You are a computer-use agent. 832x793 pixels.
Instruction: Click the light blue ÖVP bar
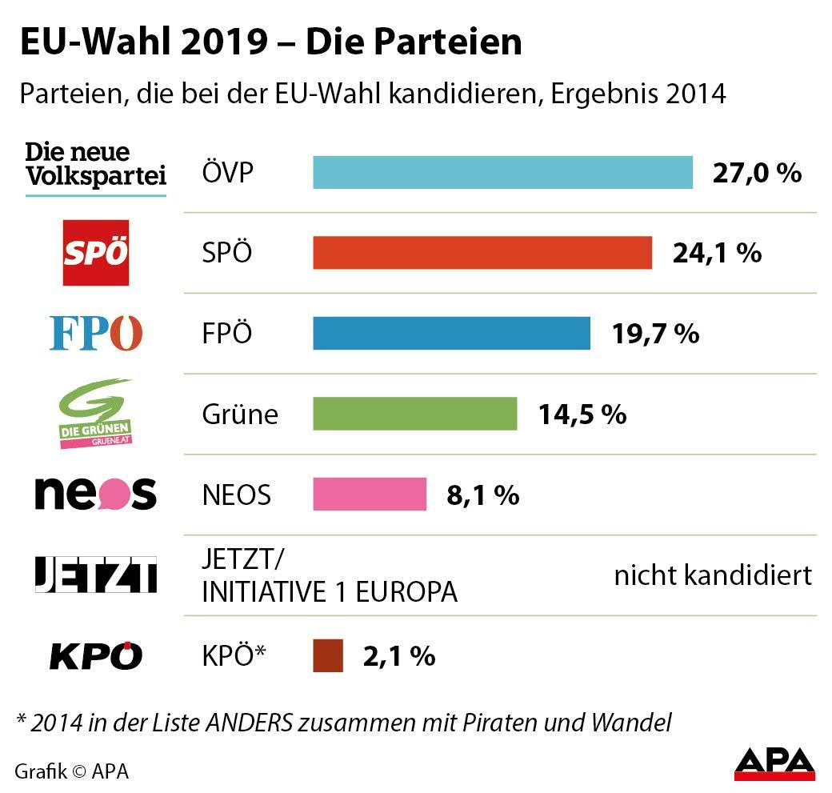pos(502,173)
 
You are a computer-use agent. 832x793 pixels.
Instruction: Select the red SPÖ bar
pos(482,253)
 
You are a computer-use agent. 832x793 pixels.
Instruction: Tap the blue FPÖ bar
pos(451,333)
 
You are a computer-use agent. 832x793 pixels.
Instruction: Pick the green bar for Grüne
pos(414,414)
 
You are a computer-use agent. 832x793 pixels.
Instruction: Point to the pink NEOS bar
pos(369,495)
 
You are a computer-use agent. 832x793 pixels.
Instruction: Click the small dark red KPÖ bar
pos(328,656)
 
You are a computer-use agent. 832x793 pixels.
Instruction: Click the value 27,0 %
pos(757,173)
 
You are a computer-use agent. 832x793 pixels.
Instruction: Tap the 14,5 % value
pos(582,414)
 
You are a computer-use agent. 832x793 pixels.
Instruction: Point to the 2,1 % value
pos(399,656)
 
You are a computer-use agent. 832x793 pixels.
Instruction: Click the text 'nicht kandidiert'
pos(713,575)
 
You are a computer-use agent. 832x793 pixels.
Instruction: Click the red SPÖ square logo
pos(96,253)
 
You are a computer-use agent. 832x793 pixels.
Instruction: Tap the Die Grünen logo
pos(96,414)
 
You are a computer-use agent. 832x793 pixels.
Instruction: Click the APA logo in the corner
pos(774,763)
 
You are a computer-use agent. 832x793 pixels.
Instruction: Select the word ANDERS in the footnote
pos(248,723)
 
